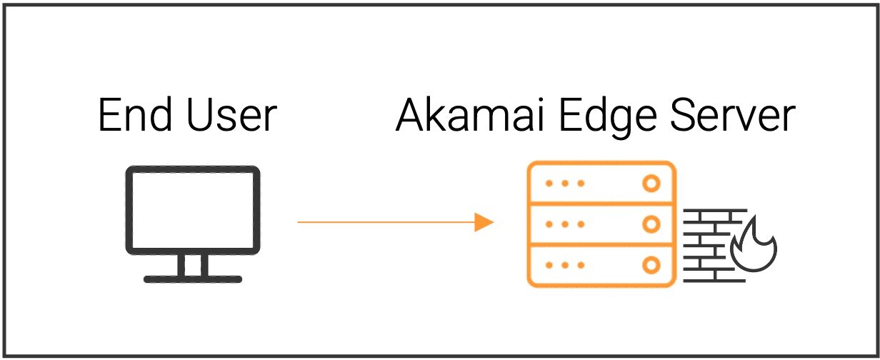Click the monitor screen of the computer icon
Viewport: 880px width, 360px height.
[193, 209]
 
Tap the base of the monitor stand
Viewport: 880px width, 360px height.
[193, 278]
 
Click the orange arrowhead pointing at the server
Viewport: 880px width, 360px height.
[485, 222]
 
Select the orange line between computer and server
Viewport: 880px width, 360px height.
[386, 222]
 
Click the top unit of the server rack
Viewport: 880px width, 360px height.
[601, 184]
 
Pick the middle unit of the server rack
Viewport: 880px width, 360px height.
[601, 224]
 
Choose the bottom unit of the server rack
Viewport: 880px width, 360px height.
[601, 266]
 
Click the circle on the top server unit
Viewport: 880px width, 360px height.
[651, 184]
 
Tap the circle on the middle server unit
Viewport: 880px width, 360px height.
[651, 224]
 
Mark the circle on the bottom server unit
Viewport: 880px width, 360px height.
[651, 266]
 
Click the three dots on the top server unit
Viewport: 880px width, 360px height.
[565, 184]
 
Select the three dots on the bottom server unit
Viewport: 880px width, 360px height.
[565, 266]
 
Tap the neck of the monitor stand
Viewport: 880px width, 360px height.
[193, 264]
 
